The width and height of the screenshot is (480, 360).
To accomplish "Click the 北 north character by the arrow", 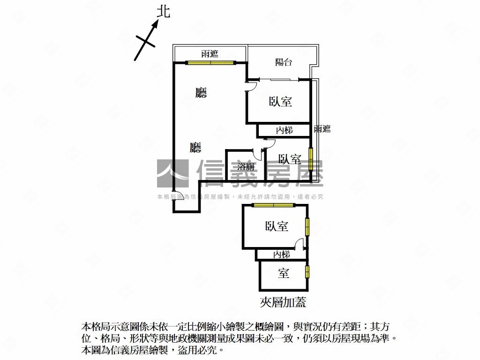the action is [x=163, y=12].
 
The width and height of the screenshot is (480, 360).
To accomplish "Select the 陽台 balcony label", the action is [x=284, y=62].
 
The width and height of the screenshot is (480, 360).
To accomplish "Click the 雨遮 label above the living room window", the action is [x=210, y=54].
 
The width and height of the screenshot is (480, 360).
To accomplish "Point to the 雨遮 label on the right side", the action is [x=322, y=129].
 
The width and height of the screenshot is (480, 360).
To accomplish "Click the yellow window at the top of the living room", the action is [x=210, y=63].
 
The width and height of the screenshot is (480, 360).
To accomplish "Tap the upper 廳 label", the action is [x=201, y=92].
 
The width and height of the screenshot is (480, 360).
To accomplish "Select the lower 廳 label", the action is [x=195, y=147].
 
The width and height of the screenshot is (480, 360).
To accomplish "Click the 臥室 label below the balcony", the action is [x=280, y=101].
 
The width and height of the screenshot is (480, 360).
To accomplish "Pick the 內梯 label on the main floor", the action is [x=285, y=130].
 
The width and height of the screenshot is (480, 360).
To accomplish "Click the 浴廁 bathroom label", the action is [x=246, y=166].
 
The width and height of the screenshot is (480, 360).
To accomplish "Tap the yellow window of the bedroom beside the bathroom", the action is [x=311, y=159].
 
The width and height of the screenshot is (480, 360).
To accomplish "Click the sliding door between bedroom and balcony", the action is [x=279, y=80].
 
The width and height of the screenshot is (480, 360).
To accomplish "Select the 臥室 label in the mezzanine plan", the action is [x=277, y=226].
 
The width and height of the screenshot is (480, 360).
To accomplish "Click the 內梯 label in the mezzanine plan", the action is [x=281, y=254].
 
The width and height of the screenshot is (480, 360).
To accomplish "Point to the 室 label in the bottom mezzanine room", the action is [x=284, y=273].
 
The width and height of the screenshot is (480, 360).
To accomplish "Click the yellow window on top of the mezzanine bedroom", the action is [x=273, y=205].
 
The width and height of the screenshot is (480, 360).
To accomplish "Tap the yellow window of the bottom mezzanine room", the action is [x=307, y=271].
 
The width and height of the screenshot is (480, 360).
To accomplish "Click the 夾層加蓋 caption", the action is [x=283, y=302].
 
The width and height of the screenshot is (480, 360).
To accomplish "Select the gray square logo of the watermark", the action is [x=173, y=173].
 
